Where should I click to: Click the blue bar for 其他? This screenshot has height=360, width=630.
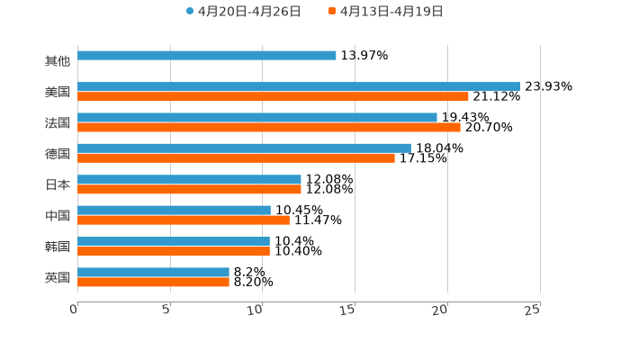207,56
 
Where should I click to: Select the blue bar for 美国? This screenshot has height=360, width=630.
299,86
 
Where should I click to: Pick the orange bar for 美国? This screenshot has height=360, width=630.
273,96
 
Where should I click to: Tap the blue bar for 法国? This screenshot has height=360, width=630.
257,117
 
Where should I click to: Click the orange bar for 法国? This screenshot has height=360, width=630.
269,127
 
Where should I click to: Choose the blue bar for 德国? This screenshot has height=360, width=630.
244,148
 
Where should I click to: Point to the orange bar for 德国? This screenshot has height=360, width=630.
236,157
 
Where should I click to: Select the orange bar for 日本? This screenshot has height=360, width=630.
189,189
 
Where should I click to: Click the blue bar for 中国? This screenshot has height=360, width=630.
174,211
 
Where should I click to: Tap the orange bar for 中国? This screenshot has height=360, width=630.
184,220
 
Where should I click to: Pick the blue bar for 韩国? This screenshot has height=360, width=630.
174,241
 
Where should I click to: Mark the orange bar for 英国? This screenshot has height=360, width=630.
153,282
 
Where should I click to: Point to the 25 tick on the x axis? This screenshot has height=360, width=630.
533,310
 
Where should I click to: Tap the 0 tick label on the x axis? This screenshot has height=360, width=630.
74,310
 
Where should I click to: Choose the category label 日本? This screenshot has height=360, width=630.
58,184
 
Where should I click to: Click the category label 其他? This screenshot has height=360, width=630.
58,61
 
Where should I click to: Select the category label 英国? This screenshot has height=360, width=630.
58,277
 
